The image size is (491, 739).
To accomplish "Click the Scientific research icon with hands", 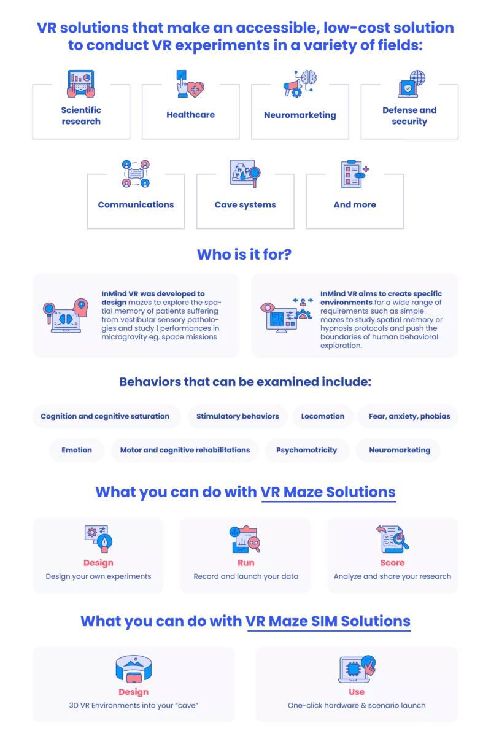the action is tap(81, 84).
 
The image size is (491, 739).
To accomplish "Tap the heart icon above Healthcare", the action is tap(196, 89).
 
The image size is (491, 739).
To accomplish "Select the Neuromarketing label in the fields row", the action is tap(300, 115).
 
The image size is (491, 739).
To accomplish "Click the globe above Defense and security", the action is tap(417, 78).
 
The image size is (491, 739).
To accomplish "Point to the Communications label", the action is tap(136, 204).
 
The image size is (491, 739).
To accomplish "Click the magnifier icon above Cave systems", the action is tap(255, 176).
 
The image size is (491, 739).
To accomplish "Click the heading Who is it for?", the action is tap(244, 254).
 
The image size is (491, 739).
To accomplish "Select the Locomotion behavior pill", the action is tap(323, 416).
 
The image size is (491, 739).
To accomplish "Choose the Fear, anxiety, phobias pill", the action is tap(409, 416).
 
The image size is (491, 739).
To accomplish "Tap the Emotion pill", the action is tap(77, 450).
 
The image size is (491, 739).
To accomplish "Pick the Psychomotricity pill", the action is tap(307, 450).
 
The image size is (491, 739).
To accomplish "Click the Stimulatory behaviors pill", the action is tap(238, 416).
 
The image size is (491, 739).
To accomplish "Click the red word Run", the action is tap(246, 562).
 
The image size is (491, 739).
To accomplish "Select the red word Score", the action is tap(392, 562).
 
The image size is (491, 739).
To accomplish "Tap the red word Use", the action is tap(357, 692).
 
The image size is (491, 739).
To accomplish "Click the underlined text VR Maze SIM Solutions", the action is tap(328, 621).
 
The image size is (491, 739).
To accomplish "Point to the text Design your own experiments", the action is tap(98, 576).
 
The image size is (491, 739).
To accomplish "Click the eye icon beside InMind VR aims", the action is tap(267, 308).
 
